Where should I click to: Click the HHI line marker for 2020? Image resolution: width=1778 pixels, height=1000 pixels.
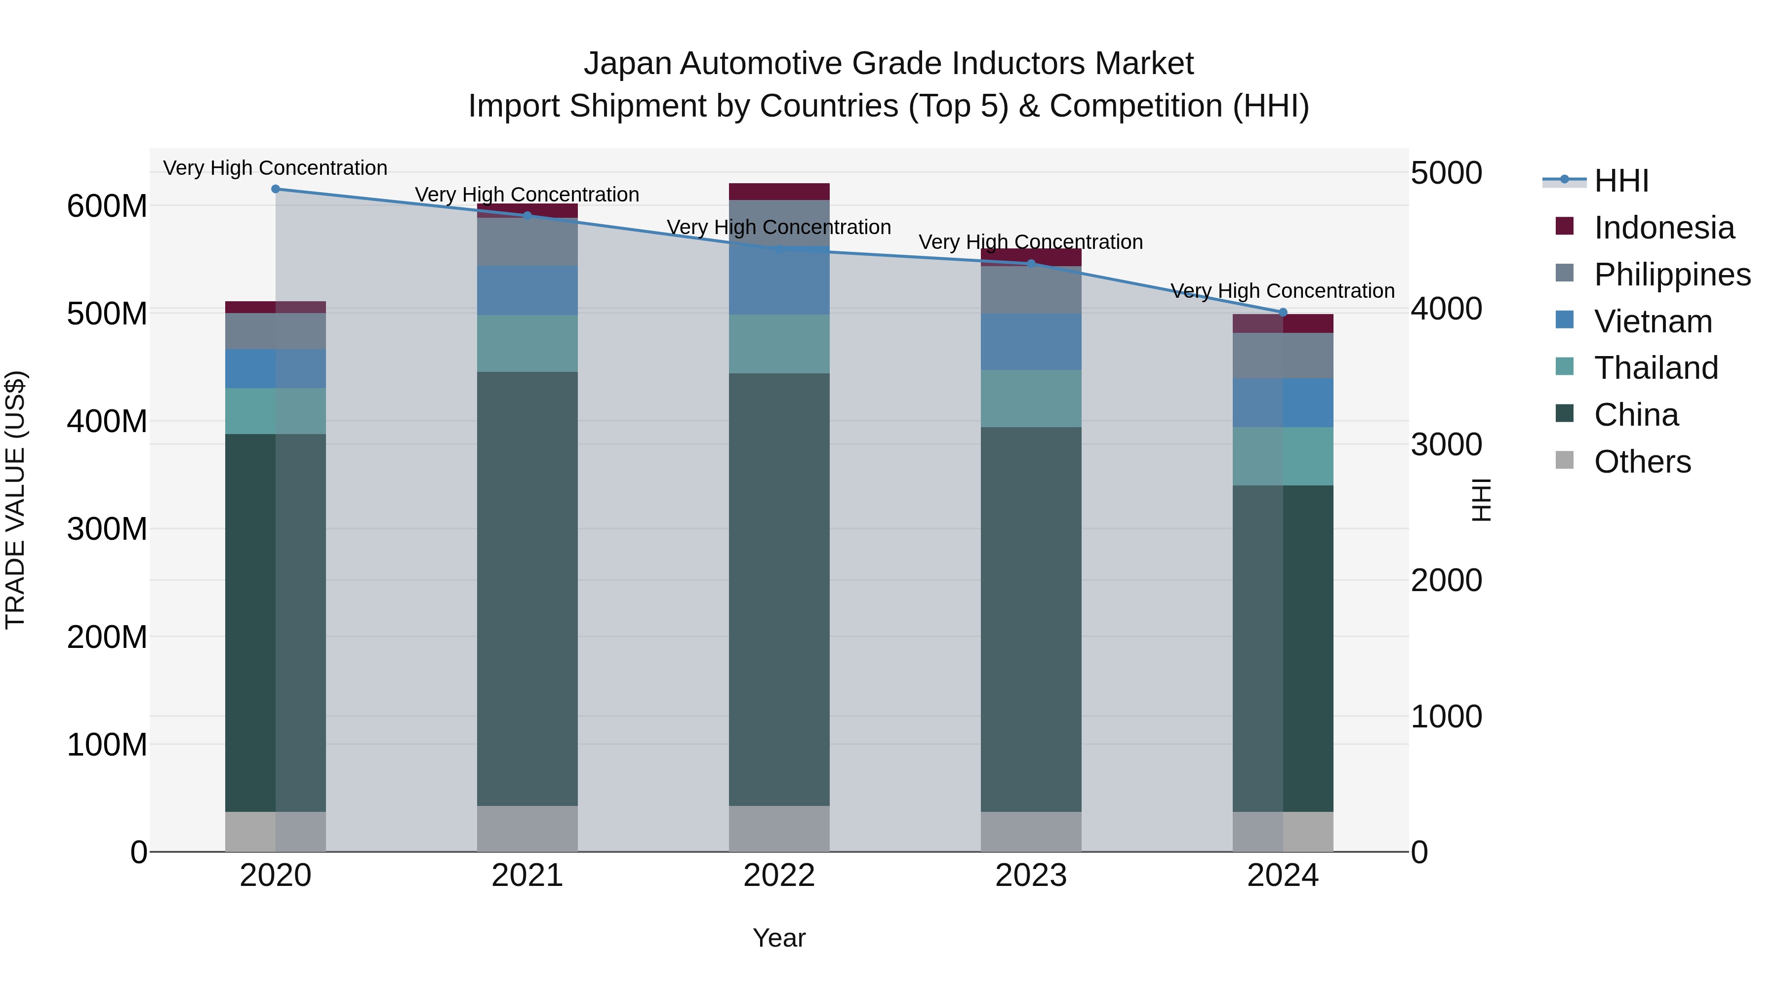click(276, 189)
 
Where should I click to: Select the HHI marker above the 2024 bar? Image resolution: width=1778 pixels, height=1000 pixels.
click(1283, 313)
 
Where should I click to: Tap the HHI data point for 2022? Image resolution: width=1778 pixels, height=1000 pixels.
click(779, 249)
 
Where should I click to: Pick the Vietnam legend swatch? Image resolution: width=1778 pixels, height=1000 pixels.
click(1565, 320)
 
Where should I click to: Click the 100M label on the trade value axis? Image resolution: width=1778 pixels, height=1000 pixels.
click(107, 745)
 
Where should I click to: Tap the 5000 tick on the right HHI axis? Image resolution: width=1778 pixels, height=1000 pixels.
click(1446, 173)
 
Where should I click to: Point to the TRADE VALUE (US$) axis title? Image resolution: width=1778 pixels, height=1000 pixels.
click(15, 500)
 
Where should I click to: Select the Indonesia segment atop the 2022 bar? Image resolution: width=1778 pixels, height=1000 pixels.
click(779, 192)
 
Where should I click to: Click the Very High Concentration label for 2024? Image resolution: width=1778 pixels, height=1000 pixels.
click(1283, 291)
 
